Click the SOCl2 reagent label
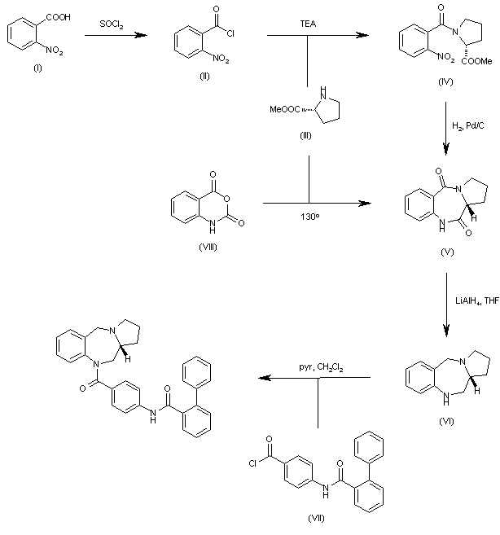tap(112, 24)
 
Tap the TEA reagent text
tap(308, 24)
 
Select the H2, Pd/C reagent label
tap(468, 126)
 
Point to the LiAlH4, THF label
tap(477, 301)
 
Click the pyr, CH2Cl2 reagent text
tap(321, 367)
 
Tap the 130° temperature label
tap(310, 217)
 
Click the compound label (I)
tap(37, 68)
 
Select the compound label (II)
tap(204, 76)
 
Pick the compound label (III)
tap(305, 136)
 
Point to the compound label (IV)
tap(445, 82)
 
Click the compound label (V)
tap(447, 252)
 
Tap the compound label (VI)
tap(446, 421)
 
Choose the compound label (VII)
tap(316, 518)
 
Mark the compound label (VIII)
tap(208, 247)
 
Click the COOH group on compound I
tap(59, 17)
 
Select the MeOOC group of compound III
tap(285, 110)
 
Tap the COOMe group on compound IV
tap(477, 61)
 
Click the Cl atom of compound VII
tap(252, 463)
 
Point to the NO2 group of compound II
tap(221, 59)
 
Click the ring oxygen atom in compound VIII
tap(227, 199)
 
